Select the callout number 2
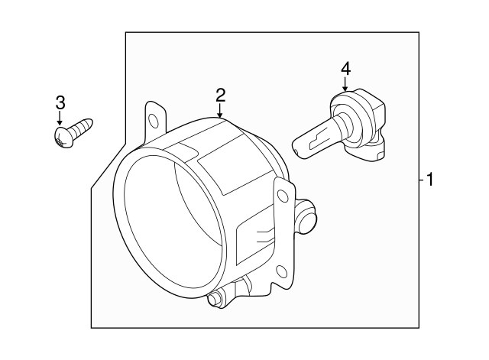click(x=220, y=95)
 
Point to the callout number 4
click(x=345, y=68)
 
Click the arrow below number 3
click(x=60, y=119)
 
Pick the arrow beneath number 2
click(x=220, y=111)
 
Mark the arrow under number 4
click(x=345, y=84)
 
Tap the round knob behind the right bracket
click(x=307, y=219)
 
